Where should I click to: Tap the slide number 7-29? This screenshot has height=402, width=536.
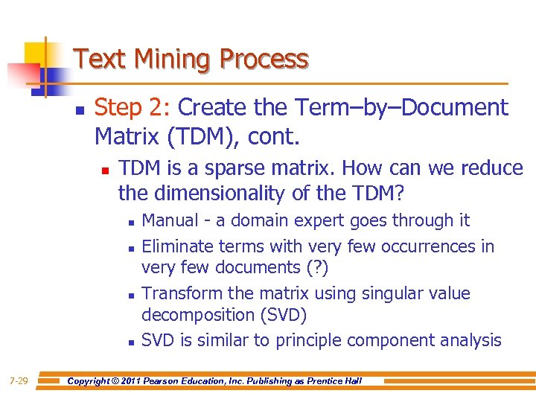pyautogui.click(x=19, y=381)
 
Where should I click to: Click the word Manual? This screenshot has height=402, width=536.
pyautogui.click(x=170, y=220)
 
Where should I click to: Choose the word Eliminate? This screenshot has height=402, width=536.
pyautogui.click(x=176, y=246)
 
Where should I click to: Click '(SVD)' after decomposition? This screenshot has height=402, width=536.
pyautogui.click(x=283, y=315)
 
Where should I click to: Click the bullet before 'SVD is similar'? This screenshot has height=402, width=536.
pyautogui.click(x=130, y=342)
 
